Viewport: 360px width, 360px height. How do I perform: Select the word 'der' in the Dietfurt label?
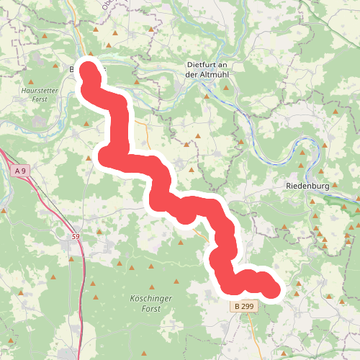(x=192, y=75)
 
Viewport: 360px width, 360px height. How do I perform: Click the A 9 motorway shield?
(x=22, y=171)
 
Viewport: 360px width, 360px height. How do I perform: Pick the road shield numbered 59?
(x=76, y=236)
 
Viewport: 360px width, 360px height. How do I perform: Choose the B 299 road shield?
(x=244, y=306)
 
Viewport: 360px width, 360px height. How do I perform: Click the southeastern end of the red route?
(x=271, y=289)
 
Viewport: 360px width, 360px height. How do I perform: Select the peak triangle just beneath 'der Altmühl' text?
(x=206, y=95)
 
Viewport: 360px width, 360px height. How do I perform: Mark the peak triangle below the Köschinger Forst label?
(x=145, y=353)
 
